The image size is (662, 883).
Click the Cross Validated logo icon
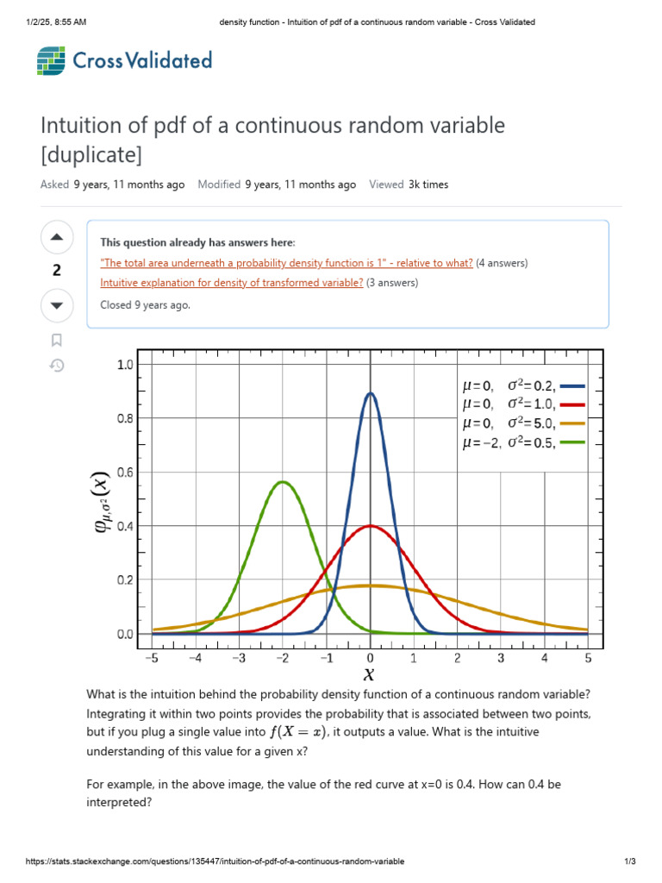[x=51, y=60]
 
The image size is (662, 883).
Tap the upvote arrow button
[x=57, y=237]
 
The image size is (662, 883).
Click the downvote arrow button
[x=57, y=304]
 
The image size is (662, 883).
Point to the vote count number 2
[x=57, y=271]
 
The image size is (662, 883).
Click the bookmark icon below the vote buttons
[x=57, y=340]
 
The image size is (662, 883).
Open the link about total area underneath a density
[x=286, y=263]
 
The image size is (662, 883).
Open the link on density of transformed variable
[x=231, y=282]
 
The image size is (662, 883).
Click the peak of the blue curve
[x=371, y=394]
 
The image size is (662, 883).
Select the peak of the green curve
[x=283, y=482]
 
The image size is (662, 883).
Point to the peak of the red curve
[x=371, y=526]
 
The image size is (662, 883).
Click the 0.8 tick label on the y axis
[x=126, y=418]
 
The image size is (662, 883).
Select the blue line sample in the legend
[x=572, y=387]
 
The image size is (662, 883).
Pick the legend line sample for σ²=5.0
[x=572, y=424]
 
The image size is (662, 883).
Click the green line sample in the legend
[x=572, y=443]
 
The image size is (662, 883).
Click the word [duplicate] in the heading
[x=91, y=155]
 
